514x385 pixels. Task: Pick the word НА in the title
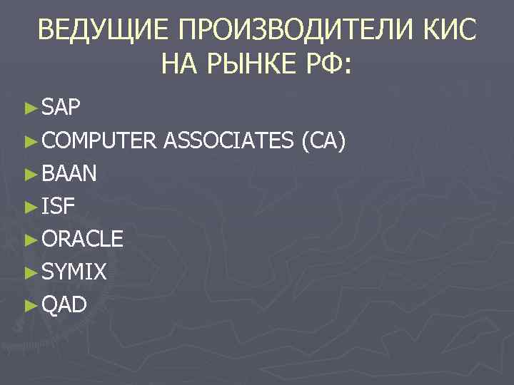182,66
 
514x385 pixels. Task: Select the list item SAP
61,109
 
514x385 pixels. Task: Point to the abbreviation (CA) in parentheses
326,141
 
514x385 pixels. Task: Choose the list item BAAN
70,174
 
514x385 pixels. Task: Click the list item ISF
58,207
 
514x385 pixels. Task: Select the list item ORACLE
82,239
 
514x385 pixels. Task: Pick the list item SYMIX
74,272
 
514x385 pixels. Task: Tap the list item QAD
64,304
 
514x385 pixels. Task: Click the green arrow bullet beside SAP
29,109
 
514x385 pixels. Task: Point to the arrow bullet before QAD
29,305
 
